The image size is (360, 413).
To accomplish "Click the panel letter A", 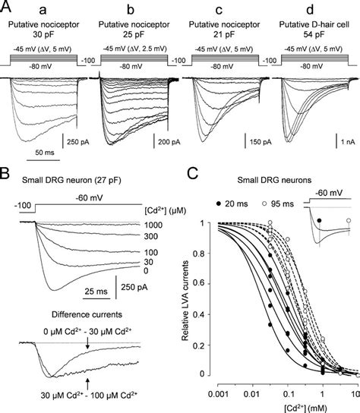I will point(7,8).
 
